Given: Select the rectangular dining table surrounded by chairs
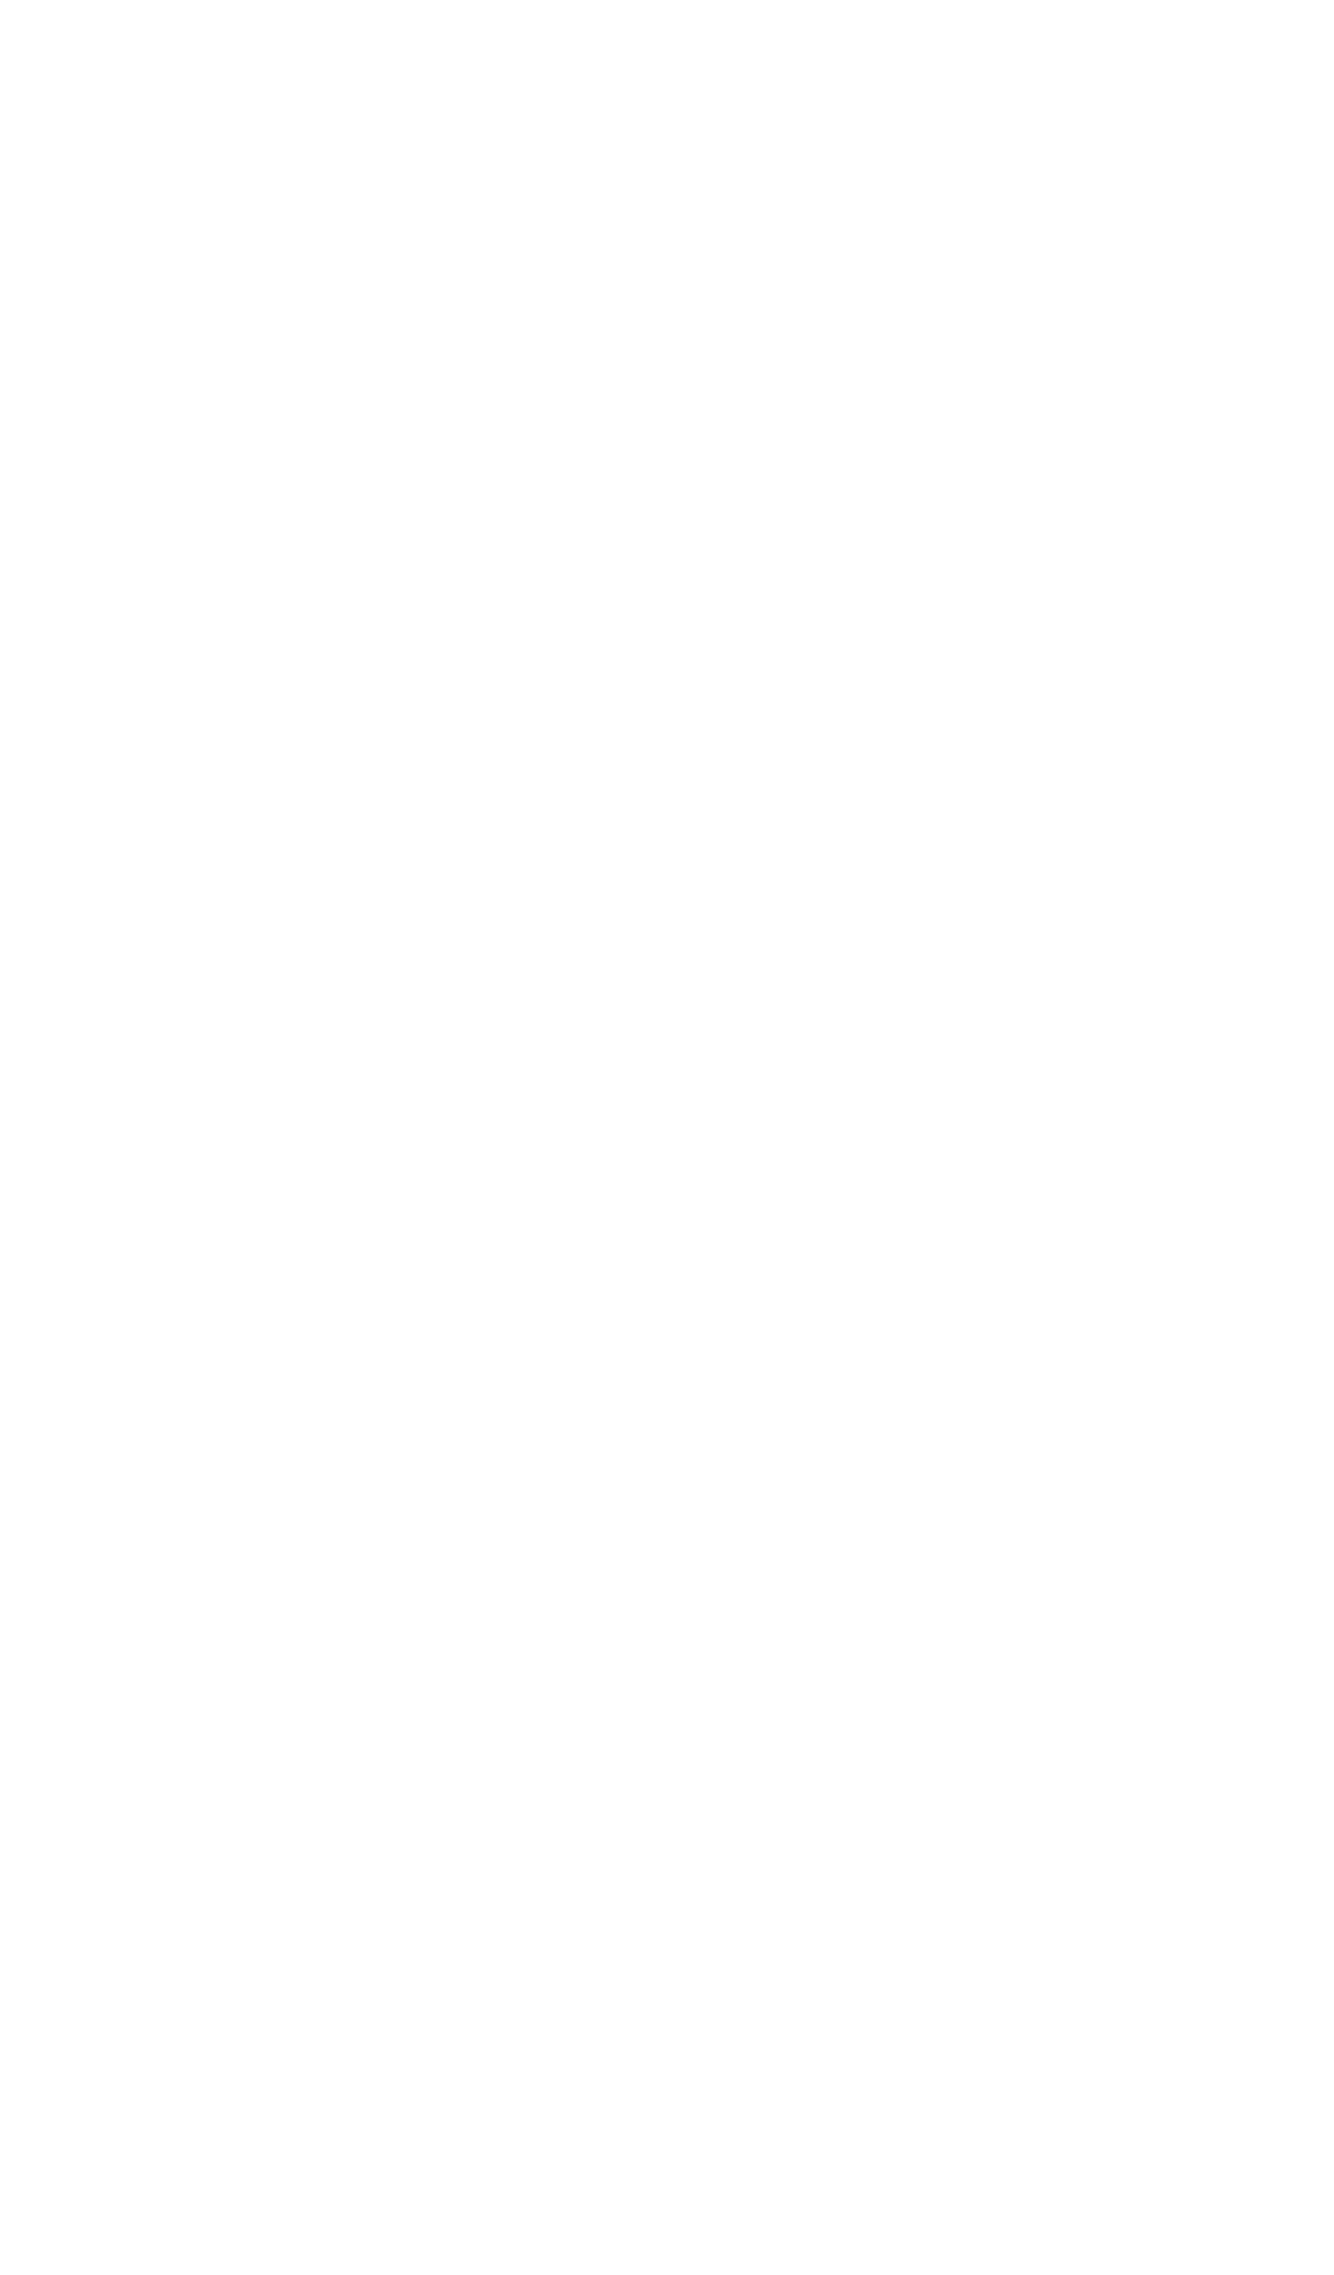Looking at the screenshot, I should tap(996, 1104).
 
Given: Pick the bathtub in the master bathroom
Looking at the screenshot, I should tap(851, 1599).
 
